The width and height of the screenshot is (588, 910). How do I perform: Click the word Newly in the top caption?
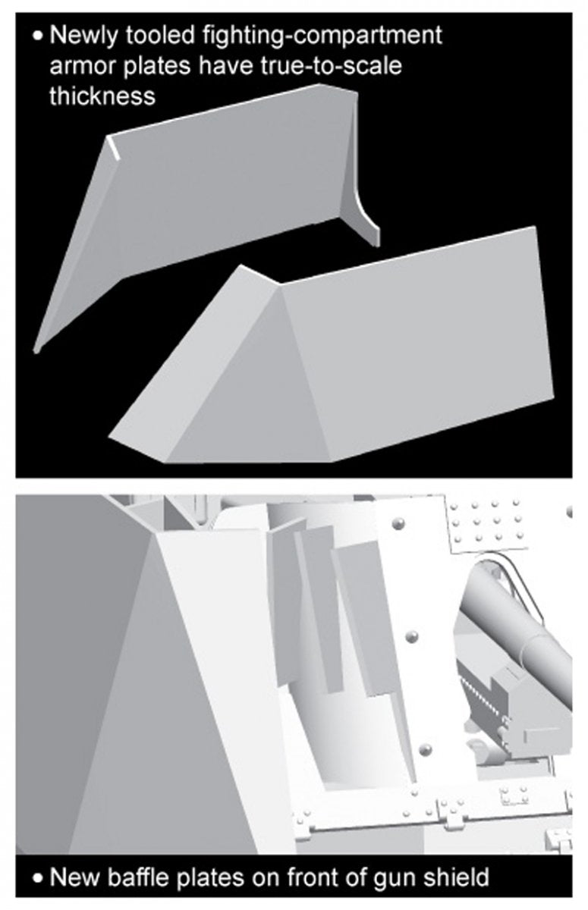(x=84, y=36)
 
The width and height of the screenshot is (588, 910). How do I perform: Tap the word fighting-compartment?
(x=322, y=36)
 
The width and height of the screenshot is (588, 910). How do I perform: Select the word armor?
(x=83, y=67)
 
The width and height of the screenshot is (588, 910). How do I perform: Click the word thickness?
(x=102, y=96)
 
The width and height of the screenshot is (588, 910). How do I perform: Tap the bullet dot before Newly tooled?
(x=38, y=36)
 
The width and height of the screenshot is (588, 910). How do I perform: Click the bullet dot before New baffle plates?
(x=38, y=877)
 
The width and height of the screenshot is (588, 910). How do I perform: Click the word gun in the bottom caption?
(x=397, y=879)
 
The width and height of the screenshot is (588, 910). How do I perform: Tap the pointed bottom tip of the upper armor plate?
(x=36, y=350)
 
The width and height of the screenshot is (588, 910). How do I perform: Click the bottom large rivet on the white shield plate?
(x=425, y=748)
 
